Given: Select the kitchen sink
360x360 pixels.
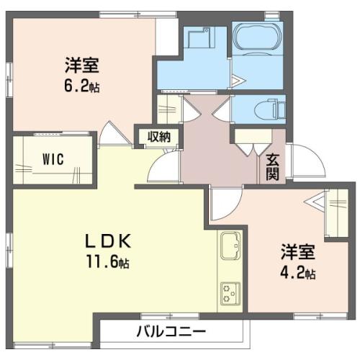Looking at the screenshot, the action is tap(230, 246).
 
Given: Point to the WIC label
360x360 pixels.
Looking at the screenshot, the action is tap(53, 159).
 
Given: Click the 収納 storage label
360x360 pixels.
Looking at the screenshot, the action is tap(159, 137).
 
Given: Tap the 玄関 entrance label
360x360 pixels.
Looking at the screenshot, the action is tap(272, 167).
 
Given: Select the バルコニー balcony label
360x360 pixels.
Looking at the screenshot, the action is tap(171, 332).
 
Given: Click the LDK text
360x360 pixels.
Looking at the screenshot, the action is tap(109, 241).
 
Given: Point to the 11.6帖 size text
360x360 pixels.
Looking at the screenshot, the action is tap(108, 261).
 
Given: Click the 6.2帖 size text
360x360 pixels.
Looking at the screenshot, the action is tap(82, 86).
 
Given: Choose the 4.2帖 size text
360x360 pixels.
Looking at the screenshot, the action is tap(298, 273).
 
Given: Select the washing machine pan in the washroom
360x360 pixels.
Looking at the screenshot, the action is tap(199, 37).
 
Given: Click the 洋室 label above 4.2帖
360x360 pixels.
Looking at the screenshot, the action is tap(297, 252).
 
